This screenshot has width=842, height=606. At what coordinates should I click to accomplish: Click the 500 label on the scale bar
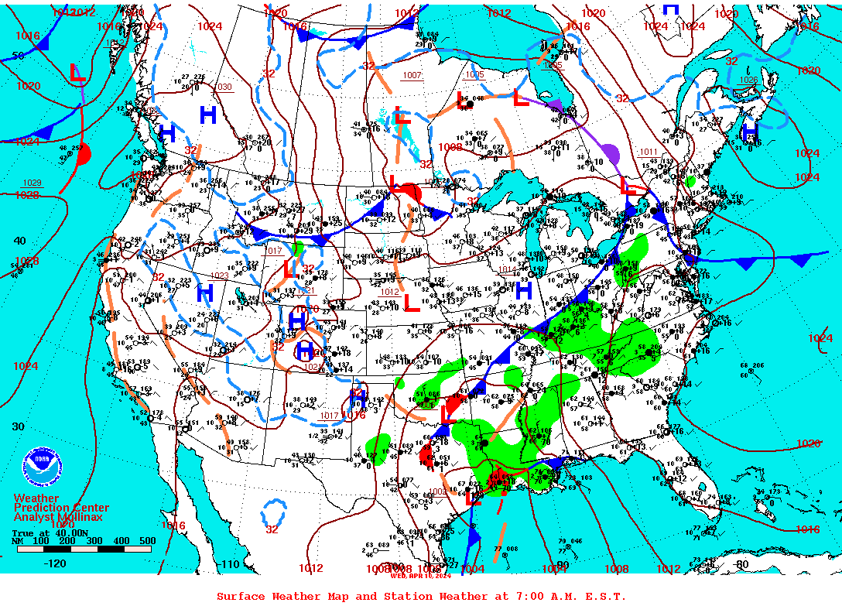pyautogui.click(x=148, y=540)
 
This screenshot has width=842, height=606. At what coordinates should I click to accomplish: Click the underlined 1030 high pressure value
pyautogui.click(x=222, y=87)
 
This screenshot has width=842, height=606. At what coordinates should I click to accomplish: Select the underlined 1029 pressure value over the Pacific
pyautogui.click(x=32, y=183)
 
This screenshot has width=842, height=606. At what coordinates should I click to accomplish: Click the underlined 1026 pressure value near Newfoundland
pyautogui.click(x=748, y=80)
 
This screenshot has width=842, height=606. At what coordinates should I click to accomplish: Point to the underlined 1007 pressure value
pyautogui.click(x=412, y=75)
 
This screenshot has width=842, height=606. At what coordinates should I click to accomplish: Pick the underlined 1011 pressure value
pyautogui.click(x=649, y=152)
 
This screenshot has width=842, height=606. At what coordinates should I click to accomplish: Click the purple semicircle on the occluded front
pyautogui.click(x=611, y=152)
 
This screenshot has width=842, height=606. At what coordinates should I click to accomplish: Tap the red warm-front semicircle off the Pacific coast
pyautogui.click(x=84, y=155)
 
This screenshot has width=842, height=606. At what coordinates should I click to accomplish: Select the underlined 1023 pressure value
pyautogui.click(x=220, y=276)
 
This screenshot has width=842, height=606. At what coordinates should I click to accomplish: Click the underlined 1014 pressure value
pyautogui.click(x=507, y=269)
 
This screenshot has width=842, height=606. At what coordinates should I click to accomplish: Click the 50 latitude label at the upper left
pyautogui.click(x=18, y=55)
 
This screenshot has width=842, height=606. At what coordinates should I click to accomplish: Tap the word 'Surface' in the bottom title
pyautogui.click(x=241, y=596)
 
